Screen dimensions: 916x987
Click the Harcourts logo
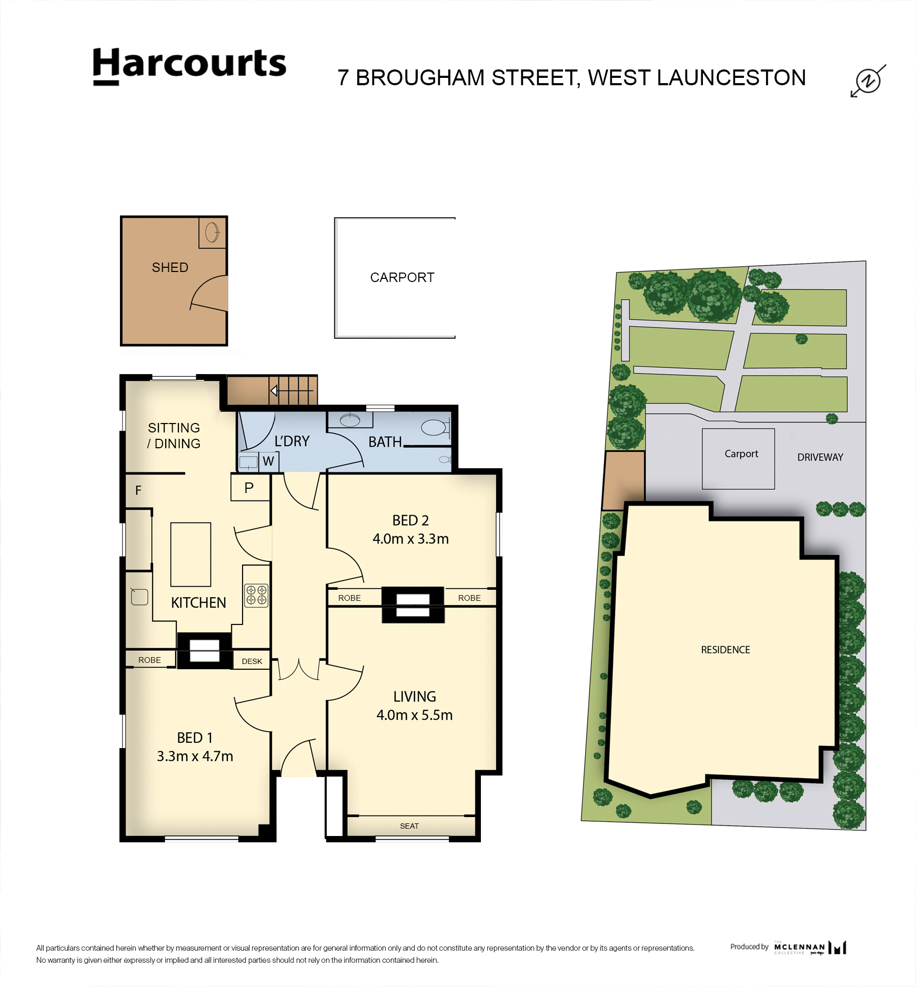[x=189, y=66]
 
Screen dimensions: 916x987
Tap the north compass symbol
[x=868, y=80]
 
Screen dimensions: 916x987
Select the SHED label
[x=170, y=267]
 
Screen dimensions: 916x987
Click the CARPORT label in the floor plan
[x=402, y=277]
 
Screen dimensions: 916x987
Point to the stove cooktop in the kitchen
[x=256, y=595]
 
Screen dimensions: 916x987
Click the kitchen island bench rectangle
[x=190, y=555]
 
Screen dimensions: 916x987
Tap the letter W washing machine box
[x=268, y=461]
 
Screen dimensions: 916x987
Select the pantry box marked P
[x=250, y=487]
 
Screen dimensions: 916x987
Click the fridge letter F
[x=138, y=490]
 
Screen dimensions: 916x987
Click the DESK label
[x=252, y=661]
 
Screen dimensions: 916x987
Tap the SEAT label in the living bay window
[x=409, y=826]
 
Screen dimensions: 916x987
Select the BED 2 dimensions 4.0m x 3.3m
[x=410, y=539]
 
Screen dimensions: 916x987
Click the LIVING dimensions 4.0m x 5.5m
[x=415, y=715]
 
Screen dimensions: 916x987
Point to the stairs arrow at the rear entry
[x=292, y=391]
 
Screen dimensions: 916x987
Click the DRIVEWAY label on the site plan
[x=820, y=457]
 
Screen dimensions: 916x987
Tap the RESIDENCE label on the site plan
[x=726, y=650]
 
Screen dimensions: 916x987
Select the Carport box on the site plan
[x=738, y=459]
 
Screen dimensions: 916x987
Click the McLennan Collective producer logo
[x=810, y=948]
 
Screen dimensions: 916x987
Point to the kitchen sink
[x=139, y=597]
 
